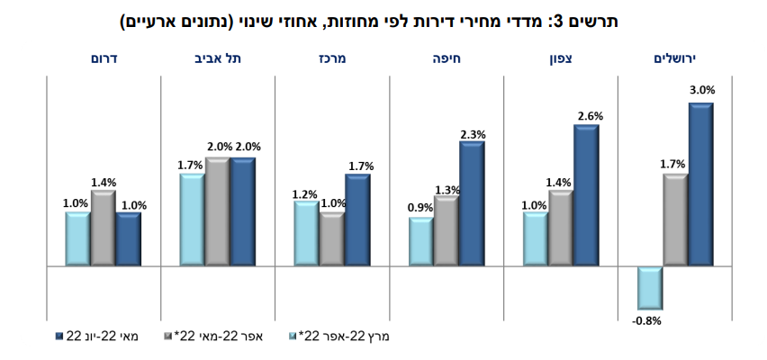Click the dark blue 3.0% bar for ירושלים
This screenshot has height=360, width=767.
point(700,184)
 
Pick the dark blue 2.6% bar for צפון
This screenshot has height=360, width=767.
point(586,195)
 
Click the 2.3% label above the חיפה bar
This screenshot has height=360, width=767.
point(473,134)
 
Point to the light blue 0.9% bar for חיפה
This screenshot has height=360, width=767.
point(421,242)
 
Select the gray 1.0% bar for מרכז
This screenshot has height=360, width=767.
point(332,239)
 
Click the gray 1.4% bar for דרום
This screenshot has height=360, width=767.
point(104,229)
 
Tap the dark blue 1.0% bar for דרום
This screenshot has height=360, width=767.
point(129,239)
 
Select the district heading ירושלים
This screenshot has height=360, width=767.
point(675,58)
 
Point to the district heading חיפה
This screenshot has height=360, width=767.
point(447,58)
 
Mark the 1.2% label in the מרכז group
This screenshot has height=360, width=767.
point(306,194)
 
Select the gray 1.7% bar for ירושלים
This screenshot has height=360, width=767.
point(675,220)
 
